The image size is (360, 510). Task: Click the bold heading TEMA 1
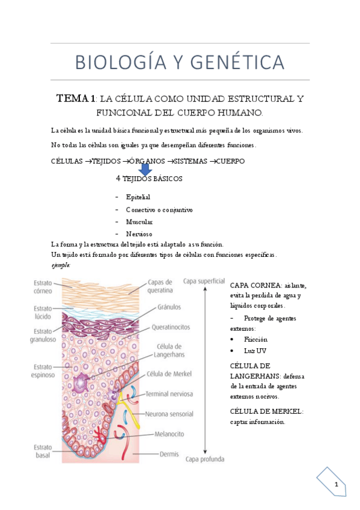pos(76,98)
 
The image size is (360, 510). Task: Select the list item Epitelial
pos(138,197)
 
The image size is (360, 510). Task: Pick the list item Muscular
pos(140,222)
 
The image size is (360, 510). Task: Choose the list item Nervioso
pos(139,233)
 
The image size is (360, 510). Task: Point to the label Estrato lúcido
pos(43,313)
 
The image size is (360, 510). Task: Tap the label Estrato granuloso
pos(44,334)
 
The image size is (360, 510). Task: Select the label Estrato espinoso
pos(44,370)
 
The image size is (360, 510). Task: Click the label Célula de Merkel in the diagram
pos(169,373)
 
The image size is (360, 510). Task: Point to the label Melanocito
pos(169,434)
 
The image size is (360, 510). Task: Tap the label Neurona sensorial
pos(170,414)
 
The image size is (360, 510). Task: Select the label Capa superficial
pos(204,280)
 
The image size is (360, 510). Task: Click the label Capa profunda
pos(204,459)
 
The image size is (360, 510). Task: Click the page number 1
pos(337,485)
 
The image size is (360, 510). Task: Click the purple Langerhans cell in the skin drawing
pos(82,382)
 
